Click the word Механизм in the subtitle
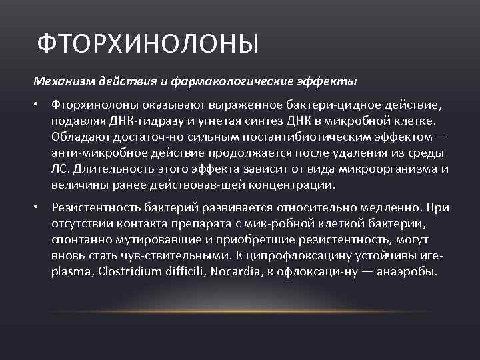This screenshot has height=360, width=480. point(64,81)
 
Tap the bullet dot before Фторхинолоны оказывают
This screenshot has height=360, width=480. point(40,107)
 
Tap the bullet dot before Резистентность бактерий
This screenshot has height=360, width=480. point(40,207)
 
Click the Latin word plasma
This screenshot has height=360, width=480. point(69,272)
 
